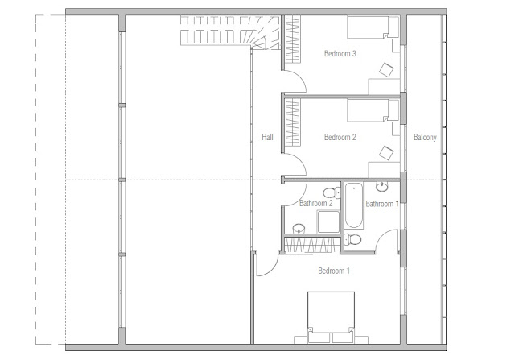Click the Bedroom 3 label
(x=340, y=54)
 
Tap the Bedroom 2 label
(x=340, y=137)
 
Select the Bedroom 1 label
(x=334, y=271)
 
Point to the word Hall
(x=267, y=137)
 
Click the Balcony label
(x=425, y=138)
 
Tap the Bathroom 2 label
(x=316, y=203)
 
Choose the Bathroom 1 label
(x=382, y=204)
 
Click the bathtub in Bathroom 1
(x=354, y=205)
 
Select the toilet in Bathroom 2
(x=332, y=192)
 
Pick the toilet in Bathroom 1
(x=352, y=239)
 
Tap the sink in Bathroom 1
(x=381, y=187)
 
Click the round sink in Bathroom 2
(x=299, y=229)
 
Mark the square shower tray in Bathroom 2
(x=328, y=222)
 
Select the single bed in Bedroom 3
(x=373, y=27)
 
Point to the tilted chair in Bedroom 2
(x=386, y=153)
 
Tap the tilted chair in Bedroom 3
(x=386, y=70)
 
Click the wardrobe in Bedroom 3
(x=292, y=39)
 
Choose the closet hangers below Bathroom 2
(x=312, y=246)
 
